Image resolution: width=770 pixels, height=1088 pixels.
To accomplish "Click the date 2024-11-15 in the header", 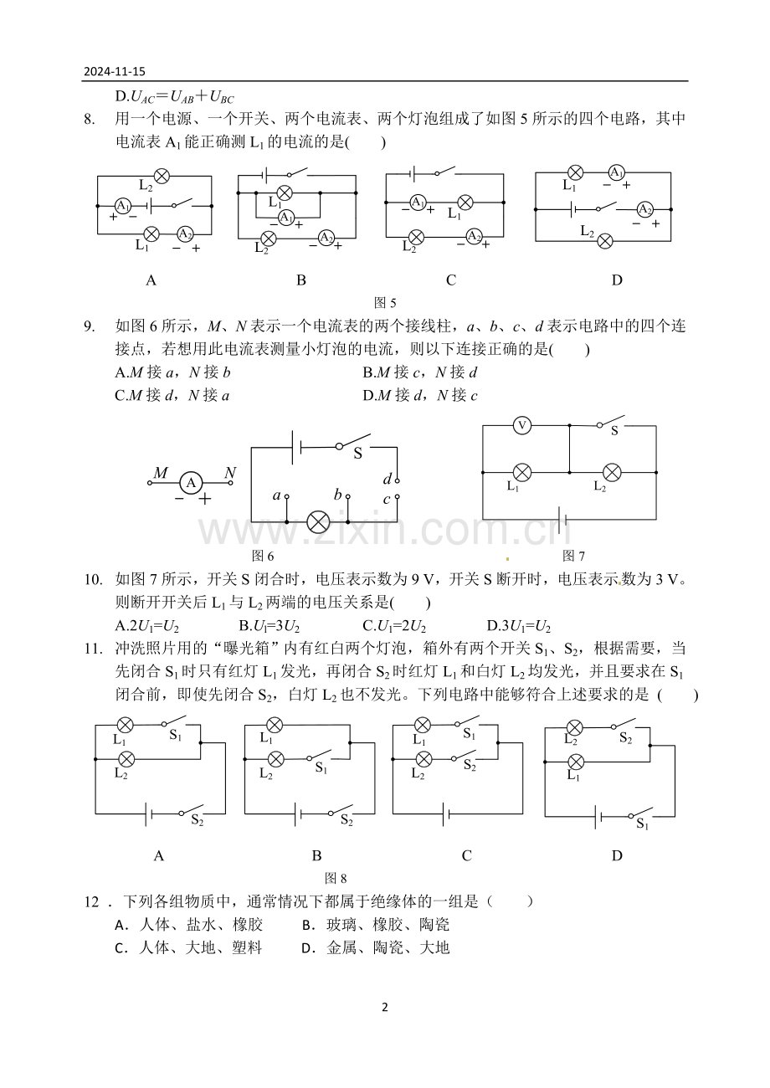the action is click(115, 71).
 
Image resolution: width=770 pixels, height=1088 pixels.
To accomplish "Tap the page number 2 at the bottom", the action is click(385, 1007).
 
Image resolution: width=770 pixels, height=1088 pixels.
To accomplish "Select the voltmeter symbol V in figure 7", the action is click(522, 425).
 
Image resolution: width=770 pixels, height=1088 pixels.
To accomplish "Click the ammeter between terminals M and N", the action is click(191, 483).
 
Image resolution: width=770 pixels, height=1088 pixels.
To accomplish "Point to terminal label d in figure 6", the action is click(387, 480).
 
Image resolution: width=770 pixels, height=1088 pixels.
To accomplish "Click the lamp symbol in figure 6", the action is click(318, 522).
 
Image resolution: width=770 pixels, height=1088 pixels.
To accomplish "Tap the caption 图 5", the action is click(385, 303).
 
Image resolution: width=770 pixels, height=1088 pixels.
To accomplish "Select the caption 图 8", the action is click(336, 878).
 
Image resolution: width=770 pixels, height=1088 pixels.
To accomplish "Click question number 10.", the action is click(93, 579).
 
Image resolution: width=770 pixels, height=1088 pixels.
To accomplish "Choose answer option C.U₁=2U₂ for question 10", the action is click(394, 626).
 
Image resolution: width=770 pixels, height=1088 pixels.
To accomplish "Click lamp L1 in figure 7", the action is click(522, 472).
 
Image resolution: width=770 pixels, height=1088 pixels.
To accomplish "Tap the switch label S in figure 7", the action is click(614, 431).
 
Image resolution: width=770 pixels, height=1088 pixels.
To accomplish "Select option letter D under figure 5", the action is click(617, 280).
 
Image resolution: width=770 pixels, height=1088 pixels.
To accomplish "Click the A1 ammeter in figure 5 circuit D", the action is click(616, 172).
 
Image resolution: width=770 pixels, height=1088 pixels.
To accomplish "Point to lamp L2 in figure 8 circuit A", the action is click(126, 759).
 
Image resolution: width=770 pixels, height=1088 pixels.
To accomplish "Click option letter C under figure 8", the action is click(466, 855).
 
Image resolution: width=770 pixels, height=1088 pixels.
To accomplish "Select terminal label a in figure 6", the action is click(276, 495).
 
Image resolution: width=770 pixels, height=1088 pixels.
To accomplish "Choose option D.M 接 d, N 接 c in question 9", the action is click(420, 395).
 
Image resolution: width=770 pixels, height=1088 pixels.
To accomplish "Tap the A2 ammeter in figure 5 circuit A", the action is click(185, 234).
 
